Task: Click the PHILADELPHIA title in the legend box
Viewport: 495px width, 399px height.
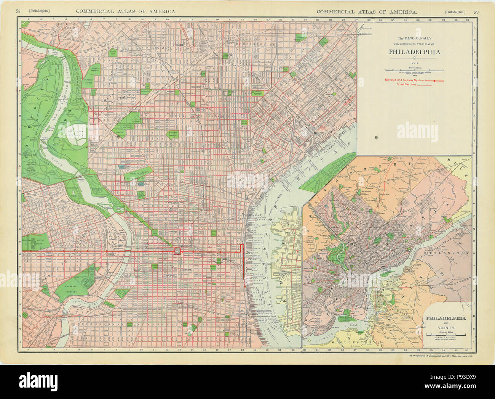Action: click(414, 52)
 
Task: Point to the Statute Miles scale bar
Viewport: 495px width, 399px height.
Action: click(414, 70)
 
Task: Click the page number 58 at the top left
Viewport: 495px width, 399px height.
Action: click(18, 11)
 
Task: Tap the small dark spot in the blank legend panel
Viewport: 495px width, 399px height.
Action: click(376, 137)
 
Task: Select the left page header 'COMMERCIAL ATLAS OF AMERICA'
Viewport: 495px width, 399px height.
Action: click(125, 11)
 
